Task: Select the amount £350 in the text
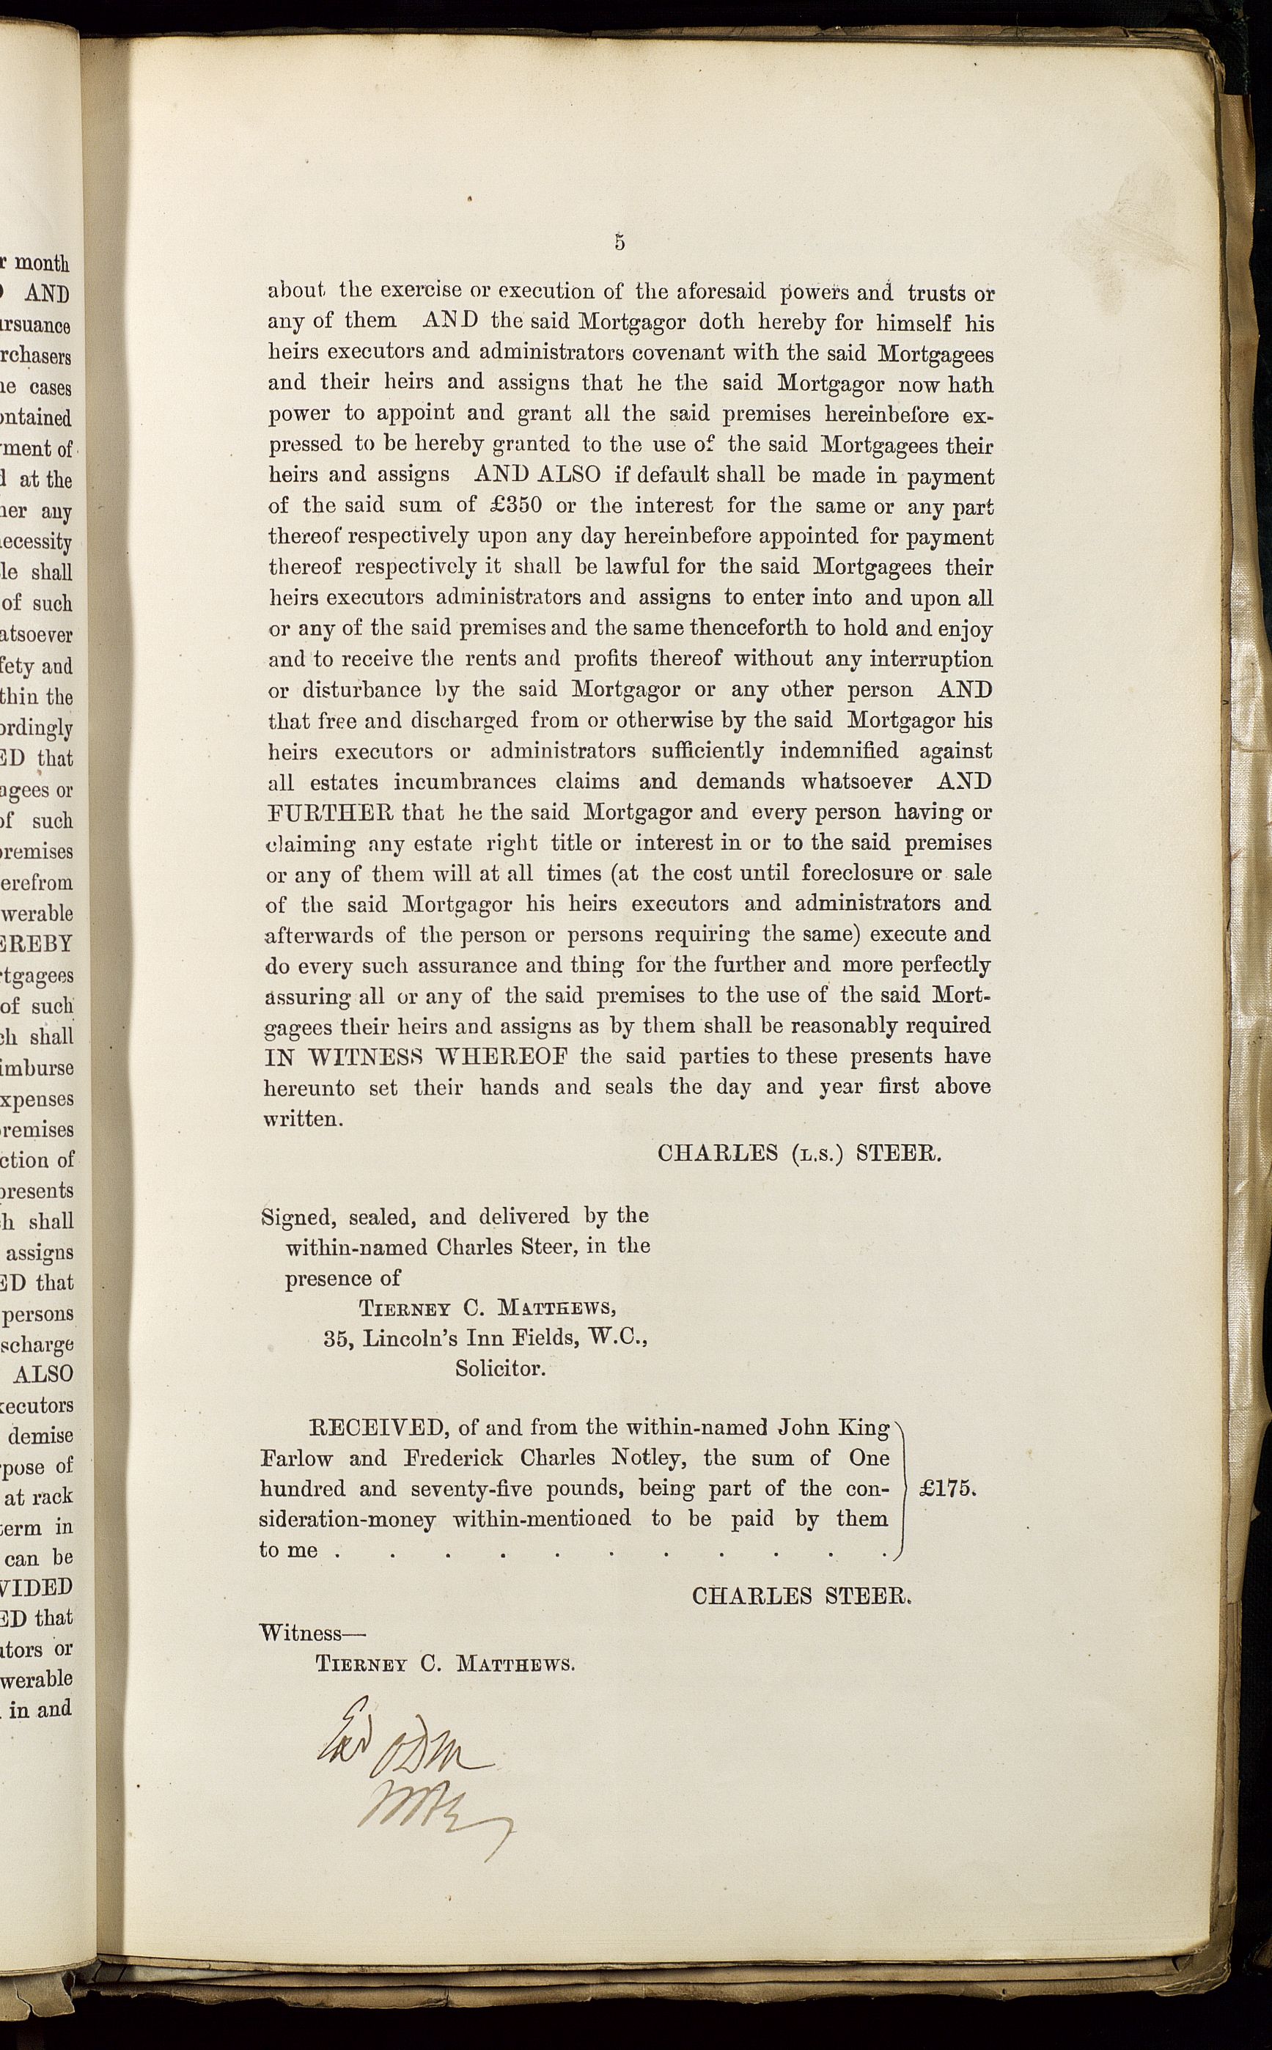pyautogui.click(x=515, y=507)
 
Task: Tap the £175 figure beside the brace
pyautogui.click(x=947, y=1488)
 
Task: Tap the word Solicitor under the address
pyautogui.click(x=501, y=1368)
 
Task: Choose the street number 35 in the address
pyautogui.click(x=337, y=1337)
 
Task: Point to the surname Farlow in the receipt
pyautogui.click(x=296, y=1458)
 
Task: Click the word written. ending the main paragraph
pyautogui.click(x=303, y=1120)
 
